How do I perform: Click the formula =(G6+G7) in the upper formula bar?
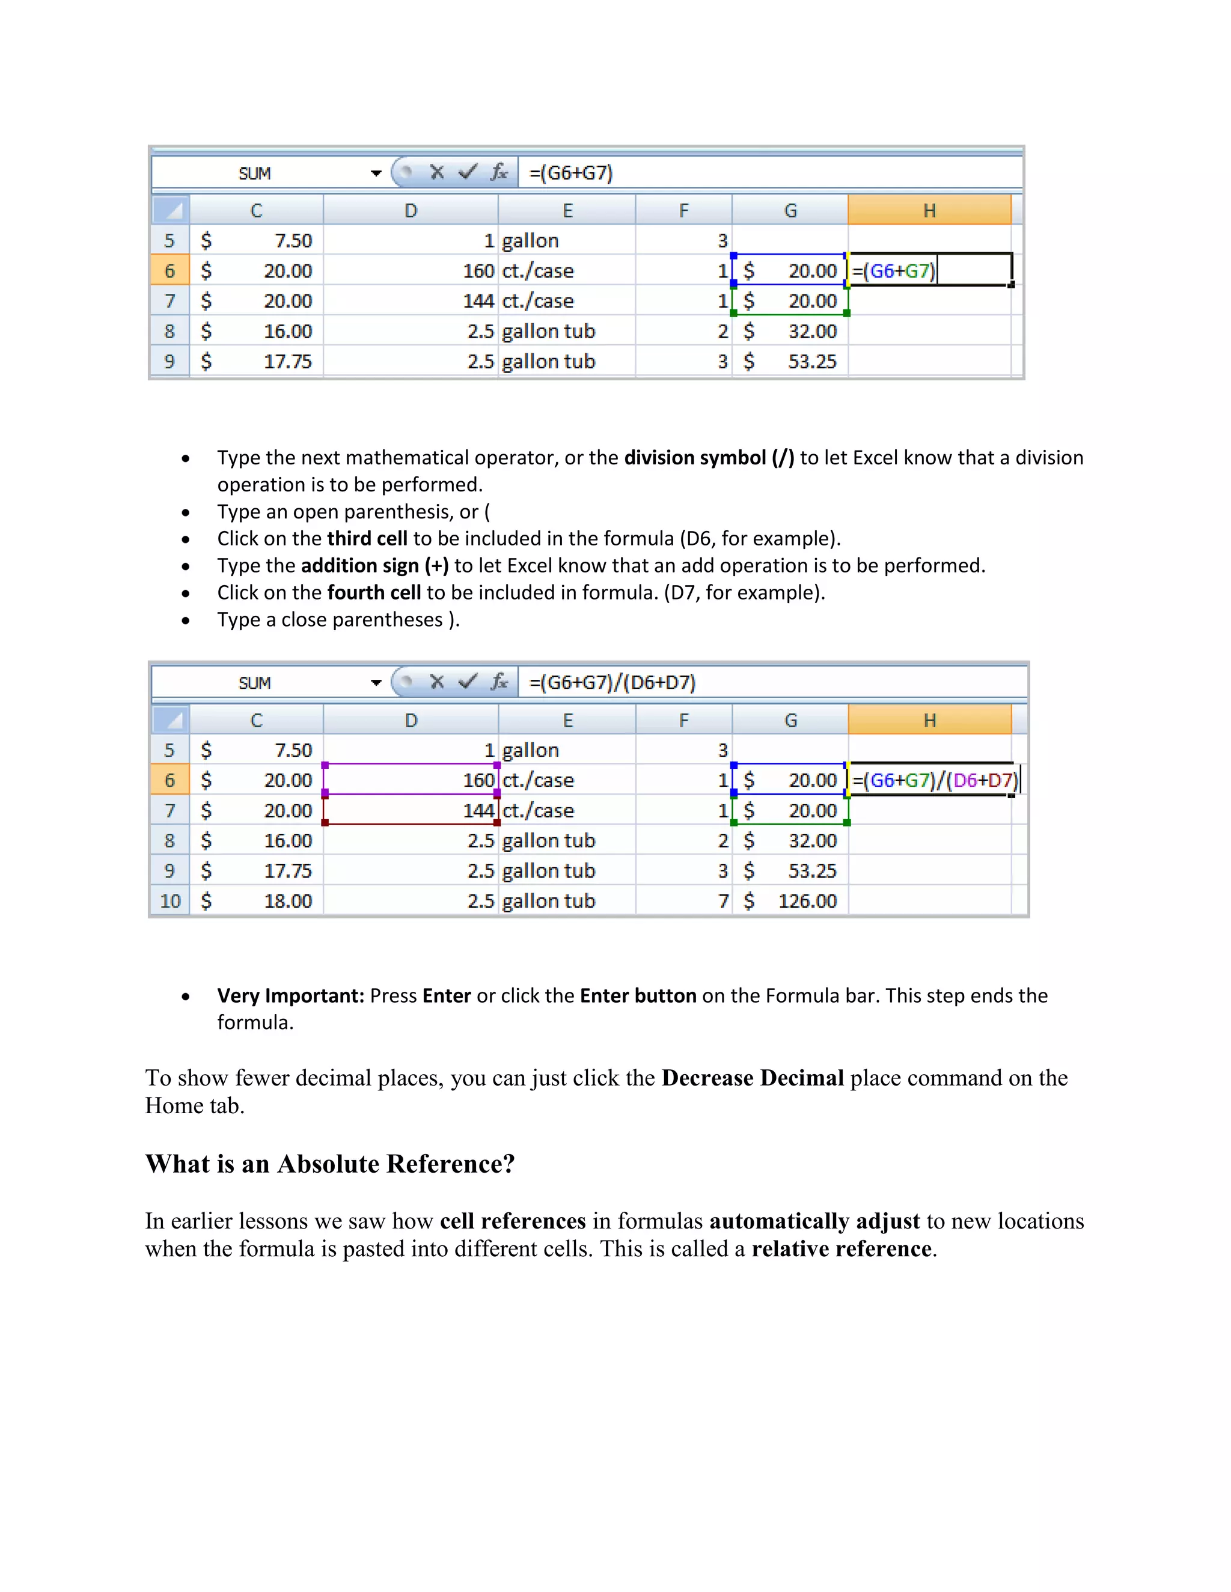[571, 174]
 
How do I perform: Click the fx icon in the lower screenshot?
[499, 682]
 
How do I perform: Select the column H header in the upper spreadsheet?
[929, 211]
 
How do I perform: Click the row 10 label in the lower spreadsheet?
[170, 901]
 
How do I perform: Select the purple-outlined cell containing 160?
[411, 780]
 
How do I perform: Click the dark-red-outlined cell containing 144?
[411, 810]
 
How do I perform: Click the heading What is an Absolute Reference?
[329, 1164]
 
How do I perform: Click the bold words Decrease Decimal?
[752, 1078]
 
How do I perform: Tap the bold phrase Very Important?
[290, 995]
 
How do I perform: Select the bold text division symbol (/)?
[709, 458]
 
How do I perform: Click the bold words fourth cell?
[374, 592]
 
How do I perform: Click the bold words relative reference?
[842, 1249]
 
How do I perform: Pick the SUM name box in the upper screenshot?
[254, 174]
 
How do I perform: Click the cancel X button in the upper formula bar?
[437, 173]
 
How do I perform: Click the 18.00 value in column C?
[287, 901]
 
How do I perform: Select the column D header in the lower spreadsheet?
[411, 720]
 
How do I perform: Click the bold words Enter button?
[638, 995]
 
